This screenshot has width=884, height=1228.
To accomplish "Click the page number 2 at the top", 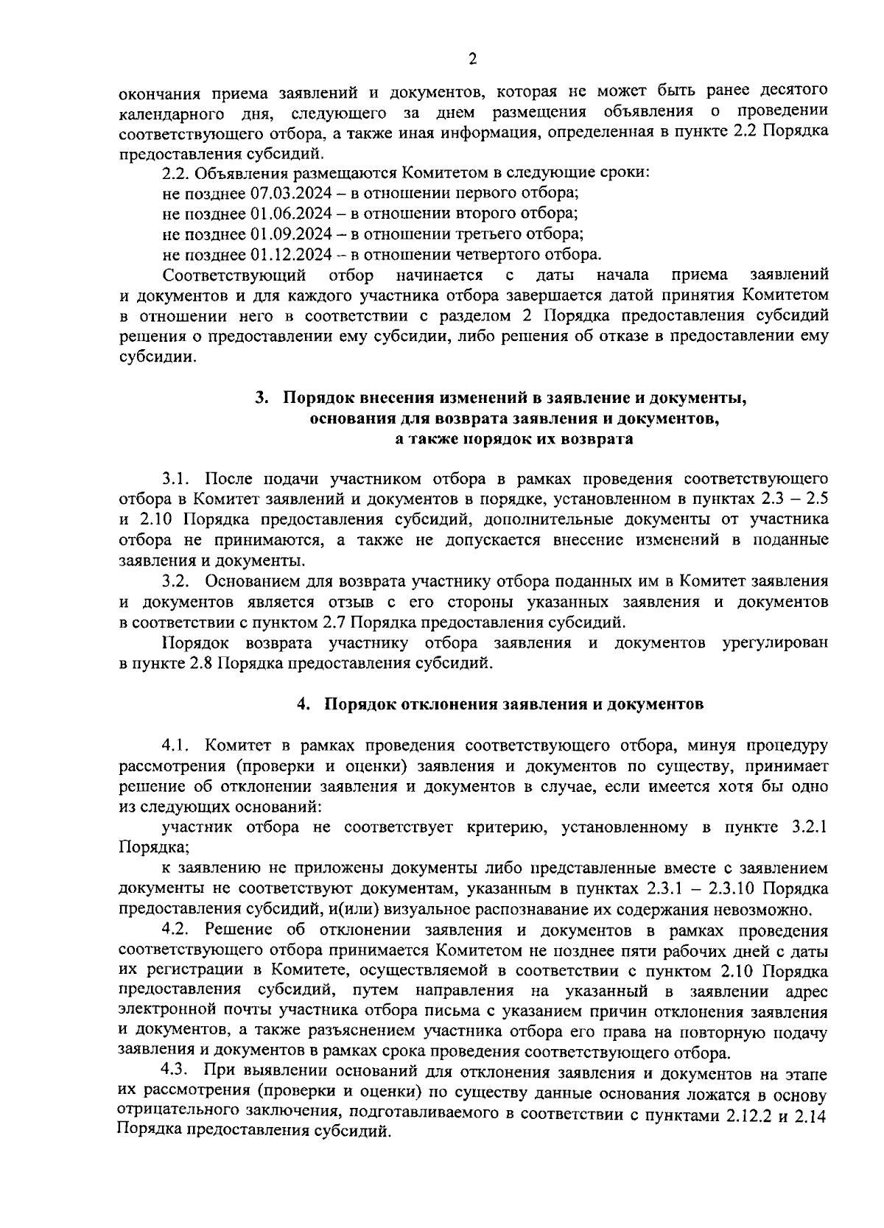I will [x=472, y=60].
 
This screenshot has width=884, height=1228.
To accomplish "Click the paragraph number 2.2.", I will [x=175, y=173].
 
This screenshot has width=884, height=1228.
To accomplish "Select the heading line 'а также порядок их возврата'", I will [x=513, y=440].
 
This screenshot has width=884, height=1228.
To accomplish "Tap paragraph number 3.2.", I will [x=177, y=581].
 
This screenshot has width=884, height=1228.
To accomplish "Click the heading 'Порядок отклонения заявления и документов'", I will [x=514, y=704].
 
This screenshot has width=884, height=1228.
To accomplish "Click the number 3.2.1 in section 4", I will [x=808, y=827].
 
